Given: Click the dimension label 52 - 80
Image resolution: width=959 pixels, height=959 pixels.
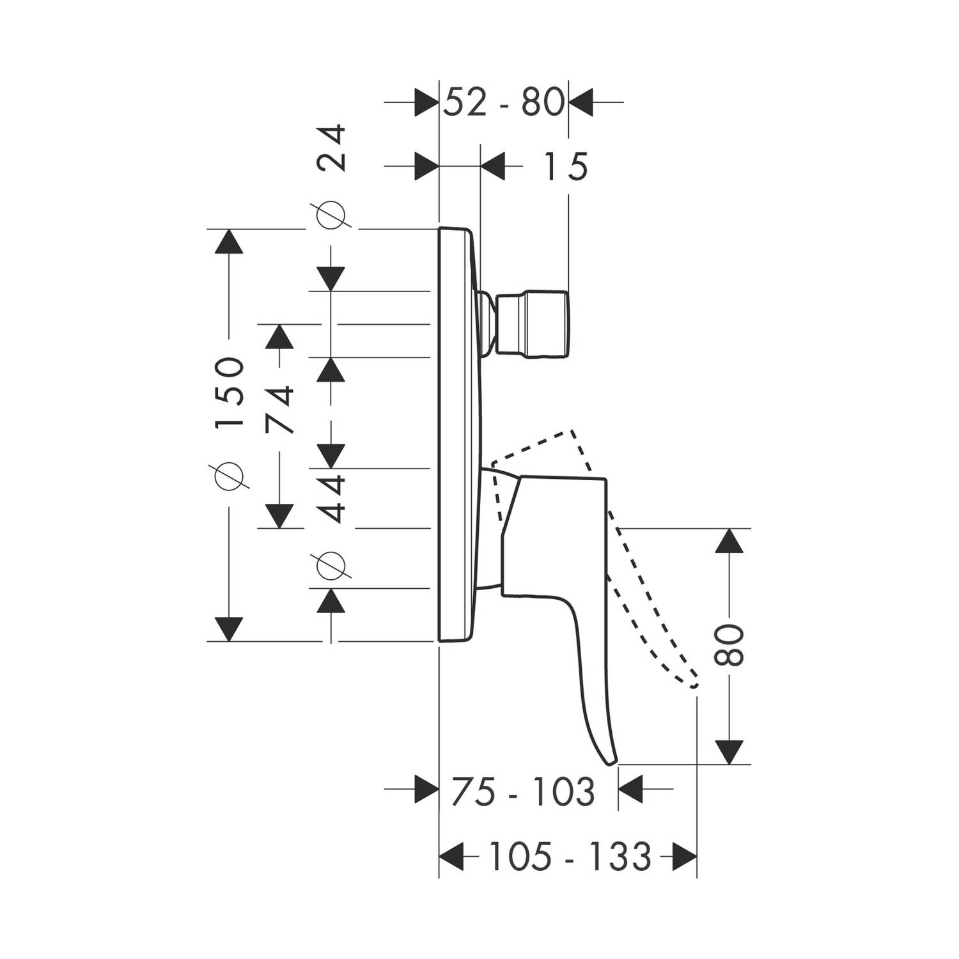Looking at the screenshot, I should [x=504, y=102].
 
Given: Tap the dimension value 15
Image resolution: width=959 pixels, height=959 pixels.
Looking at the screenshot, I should [x=566, y=168].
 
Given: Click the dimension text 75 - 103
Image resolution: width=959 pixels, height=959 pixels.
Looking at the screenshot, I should [x=522, y=791].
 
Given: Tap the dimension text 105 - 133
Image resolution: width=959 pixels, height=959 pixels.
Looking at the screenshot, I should [x=568, y=855].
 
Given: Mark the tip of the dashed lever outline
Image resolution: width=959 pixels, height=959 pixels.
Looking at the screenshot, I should [x=695, y=685].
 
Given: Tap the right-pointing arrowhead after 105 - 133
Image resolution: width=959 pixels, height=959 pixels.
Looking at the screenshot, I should [x=683, y=855].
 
